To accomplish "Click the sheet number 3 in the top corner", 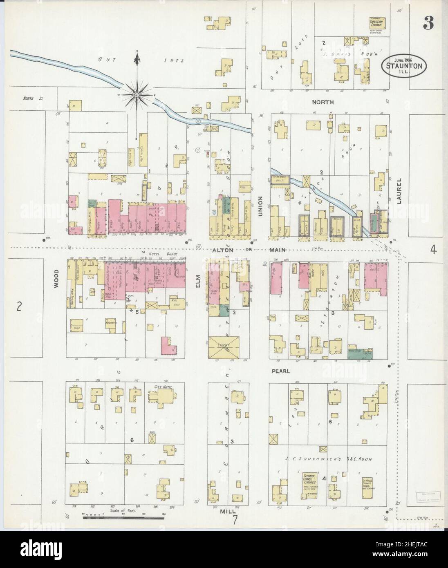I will pos(428,24).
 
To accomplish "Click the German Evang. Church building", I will pos(310,486).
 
